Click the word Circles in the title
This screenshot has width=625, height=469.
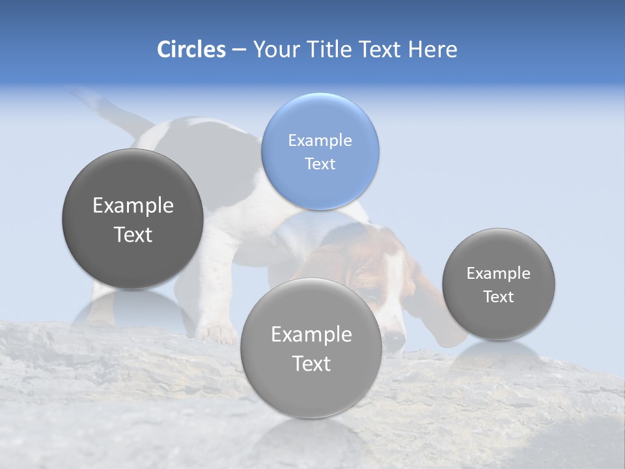191,50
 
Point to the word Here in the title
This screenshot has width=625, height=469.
432,50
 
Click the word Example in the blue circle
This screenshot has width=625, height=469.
320,140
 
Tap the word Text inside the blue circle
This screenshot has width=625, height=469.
320,163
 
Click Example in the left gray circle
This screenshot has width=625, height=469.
133,206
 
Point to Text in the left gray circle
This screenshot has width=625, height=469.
133,234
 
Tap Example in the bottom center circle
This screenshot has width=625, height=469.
311,335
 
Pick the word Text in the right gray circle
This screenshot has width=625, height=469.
498,297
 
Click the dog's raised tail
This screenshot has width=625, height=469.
104,107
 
